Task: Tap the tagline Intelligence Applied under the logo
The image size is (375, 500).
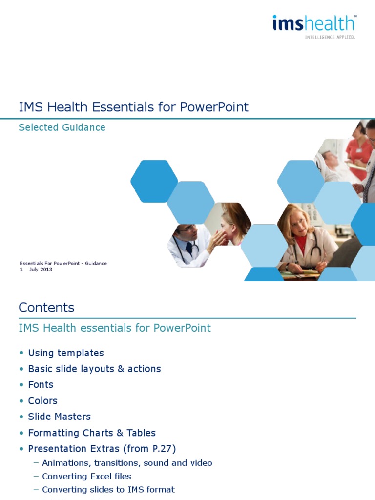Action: click(330, 37)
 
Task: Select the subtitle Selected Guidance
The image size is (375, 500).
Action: click(62, 127)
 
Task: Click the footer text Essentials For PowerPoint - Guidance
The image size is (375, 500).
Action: click(63, 263)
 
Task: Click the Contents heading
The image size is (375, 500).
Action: click(46, 307)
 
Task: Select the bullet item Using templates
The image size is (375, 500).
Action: click(66, 353)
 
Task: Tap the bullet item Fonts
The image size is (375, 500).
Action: click(41, 384)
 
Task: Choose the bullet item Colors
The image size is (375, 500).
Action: click(42, 400)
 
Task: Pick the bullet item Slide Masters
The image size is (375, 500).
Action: click(59, 417)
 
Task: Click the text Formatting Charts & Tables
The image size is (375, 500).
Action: click(92, 433)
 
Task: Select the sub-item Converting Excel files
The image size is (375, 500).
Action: click(86, 476)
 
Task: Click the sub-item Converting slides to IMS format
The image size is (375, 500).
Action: click(108, 489)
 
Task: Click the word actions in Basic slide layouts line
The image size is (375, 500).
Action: click(145, 369)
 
